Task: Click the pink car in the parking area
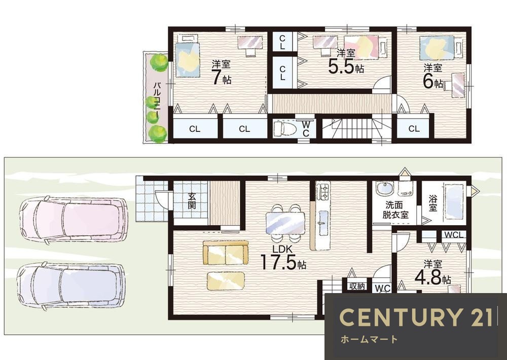(x=72, y=220)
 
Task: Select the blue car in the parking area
(x=70, y=286)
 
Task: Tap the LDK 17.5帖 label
(x=283, y=258)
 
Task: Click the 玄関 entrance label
(x=192, y=201)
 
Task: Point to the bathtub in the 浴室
(x=455, y=202)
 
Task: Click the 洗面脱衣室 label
(x=395, y=209)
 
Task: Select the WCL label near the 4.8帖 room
(x=454, y=235)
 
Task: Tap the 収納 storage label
(x=356, y=286)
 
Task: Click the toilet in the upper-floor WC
(x=285, y=128)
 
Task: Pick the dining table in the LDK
(x=285, y=223)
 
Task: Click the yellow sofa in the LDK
(x=226, y=253)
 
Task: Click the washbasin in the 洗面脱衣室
(x=384, y=189)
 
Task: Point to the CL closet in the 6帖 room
(x=414, y=129)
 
